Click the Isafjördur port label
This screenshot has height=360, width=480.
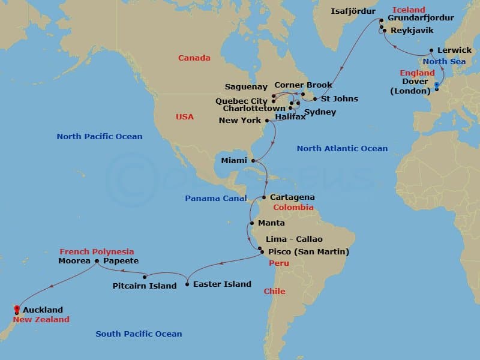[x=353, y=11]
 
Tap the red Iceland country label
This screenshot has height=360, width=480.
[x=409, y=10]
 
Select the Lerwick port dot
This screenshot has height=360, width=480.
[x=431, y=50]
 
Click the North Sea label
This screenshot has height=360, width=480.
[x=445, y=61]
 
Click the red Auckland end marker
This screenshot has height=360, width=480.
[x=16, y=310]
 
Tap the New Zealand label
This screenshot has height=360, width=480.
[x=41, y=320]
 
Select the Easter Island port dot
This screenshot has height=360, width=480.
[x=187, y=284]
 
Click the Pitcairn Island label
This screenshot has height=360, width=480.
[x=145, y=286]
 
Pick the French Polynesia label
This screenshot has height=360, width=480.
[x=97, y=251]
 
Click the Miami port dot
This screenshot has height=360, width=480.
[x=253, y=161]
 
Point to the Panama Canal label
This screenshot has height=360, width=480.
[x=215, y=198]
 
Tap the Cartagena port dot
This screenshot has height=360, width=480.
[x=264, y=197]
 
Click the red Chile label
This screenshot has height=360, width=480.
[x=274, y=292]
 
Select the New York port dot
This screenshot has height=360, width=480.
[x=267, y=121]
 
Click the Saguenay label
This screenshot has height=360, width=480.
[x=246, y=87]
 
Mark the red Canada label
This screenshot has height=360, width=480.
[x=194, y=58]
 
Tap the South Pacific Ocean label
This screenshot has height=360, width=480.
[x=139, y=334]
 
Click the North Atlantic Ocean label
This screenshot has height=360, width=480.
[x=342, y=148]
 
